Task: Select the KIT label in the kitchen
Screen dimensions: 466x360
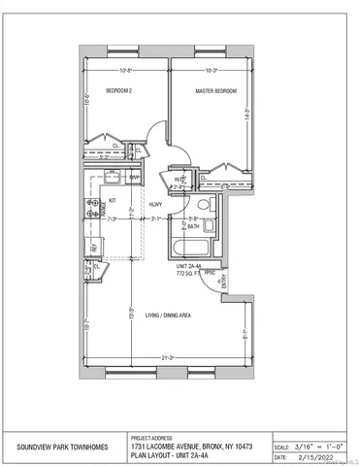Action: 113,200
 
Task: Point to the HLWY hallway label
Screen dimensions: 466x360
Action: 155,204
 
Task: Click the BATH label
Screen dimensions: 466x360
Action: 193,226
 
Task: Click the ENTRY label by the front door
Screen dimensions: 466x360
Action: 225,283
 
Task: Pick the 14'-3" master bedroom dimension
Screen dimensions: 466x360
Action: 247,113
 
